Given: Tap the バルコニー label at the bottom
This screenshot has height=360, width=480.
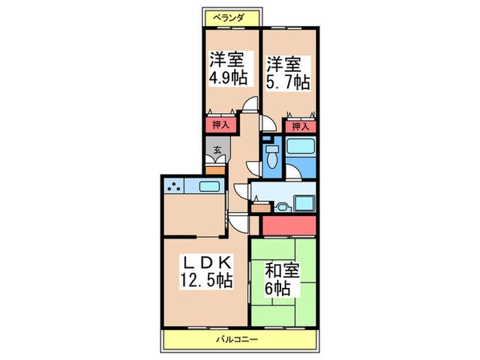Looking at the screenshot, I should point(239,339).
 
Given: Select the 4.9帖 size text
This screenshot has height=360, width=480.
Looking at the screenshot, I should point(228,77).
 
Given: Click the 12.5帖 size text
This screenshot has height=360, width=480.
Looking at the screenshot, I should point(206,280).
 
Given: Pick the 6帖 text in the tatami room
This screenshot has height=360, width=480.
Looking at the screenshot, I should point(279,289).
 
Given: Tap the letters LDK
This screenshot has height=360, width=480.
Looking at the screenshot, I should point(205,262).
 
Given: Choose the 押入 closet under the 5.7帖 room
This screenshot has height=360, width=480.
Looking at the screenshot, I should point(300,125).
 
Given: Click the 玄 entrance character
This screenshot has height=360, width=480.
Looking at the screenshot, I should point(217,150).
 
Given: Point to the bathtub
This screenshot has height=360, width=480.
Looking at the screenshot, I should point(300,147).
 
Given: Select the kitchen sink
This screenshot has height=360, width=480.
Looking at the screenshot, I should point(210,187).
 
